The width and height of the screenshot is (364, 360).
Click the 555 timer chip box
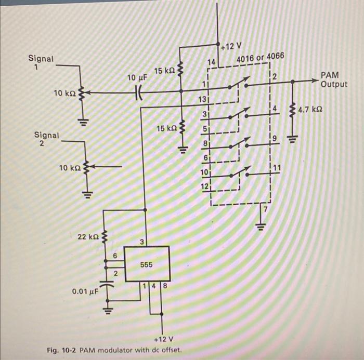click(x=147, y=264)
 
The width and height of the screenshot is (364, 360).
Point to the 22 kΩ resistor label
click(x=88, y=237)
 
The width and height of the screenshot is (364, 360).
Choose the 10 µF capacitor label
click(x=138, y=77)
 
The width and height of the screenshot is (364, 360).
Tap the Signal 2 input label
click(x=46, y=139)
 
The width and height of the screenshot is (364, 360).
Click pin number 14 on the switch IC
click(x=211, y=62)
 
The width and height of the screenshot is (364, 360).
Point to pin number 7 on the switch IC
click(x=264, y=209)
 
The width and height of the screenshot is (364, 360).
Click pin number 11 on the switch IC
click(x=277, y=167)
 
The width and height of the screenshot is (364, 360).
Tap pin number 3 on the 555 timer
click(x=142, y=242)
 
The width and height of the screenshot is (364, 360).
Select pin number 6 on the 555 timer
click(x=114, y=256)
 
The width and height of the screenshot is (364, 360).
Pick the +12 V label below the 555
click(x=163, y=339)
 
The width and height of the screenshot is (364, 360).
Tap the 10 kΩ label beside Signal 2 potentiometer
click(x=70, y=168)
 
